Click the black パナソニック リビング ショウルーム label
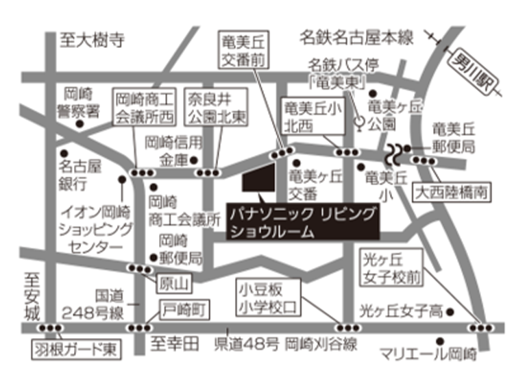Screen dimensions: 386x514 coord(302,222)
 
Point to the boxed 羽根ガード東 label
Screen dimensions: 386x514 coord(75,350)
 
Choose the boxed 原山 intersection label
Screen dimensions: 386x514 coord(173,281)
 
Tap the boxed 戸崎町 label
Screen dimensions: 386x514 coord(184,310)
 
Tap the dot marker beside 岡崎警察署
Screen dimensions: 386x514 coord(81,125)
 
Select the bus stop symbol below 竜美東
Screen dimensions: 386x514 coord(359,123)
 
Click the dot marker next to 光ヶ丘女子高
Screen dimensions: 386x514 coord(450,312)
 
